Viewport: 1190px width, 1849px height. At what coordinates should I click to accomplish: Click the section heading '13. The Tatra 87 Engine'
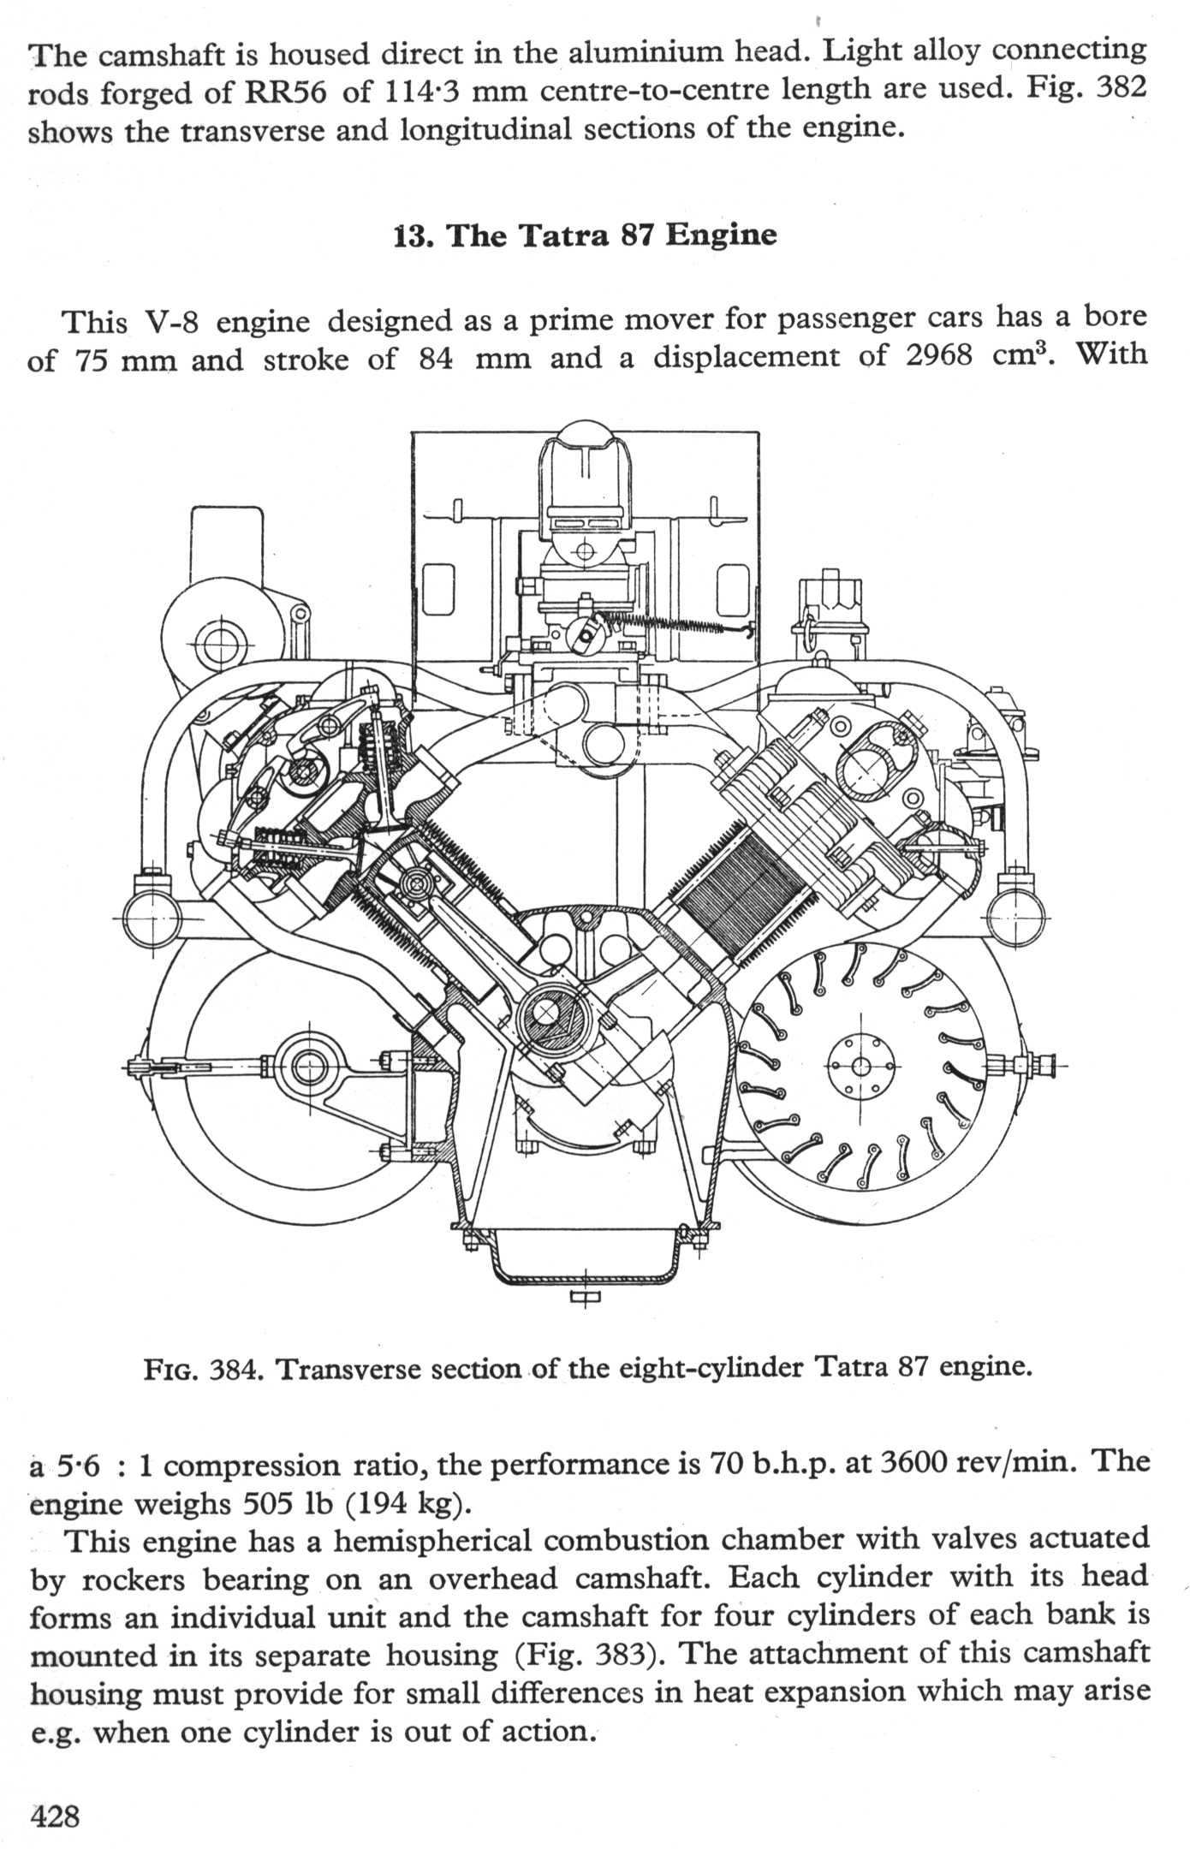click(x=585, y=235)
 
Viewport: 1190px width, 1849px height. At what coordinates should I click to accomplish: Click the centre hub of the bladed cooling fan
click(x=861, y=1066)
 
